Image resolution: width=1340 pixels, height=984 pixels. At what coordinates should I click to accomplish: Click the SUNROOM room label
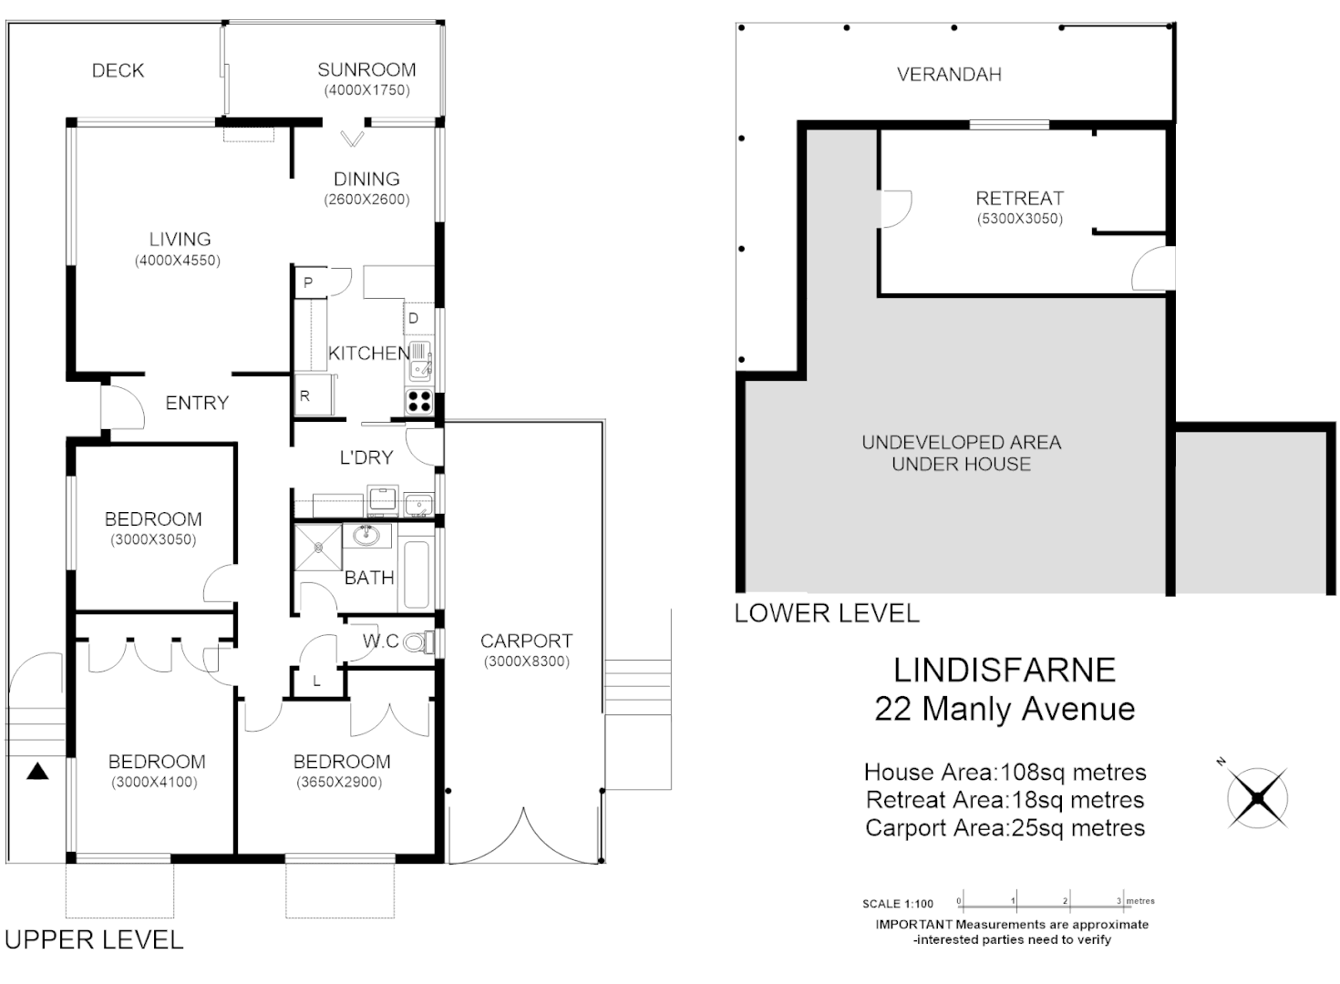(x=366, y=70)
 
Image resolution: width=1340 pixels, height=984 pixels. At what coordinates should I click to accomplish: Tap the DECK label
(x=118, y=71)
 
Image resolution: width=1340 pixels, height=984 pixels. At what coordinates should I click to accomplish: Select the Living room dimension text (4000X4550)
(x=179, y=261)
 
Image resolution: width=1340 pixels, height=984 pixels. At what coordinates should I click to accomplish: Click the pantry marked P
(x=308, y=282)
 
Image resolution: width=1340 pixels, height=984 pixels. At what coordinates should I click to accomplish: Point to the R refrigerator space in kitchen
(x=305, y=395)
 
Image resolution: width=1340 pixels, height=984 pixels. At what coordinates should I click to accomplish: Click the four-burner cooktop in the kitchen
(x=418, y=401)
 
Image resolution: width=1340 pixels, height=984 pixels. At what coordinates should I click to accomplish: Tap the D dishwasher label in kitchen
(x=414, y=318)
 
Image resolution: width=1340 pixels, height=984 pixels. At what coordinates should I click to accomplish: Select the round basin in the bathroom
(x=366, y=536)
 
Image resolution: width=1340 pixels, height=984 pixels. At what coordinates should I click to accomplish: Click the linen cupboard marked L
(x=316, y=681)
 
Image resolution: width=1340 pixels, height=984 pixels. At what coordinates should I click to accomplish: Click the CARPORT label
(x=526, y=641)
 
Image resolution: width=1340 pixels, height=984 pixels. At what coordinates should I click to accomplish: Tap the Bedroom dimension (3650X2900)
(x=342, y=782)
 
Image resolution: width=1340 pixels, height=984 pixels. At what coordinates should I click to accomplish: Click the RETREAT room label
(x=1019, y=199)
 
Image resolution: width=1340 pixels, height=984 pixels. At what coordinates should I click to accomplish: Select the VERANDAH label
(x=949, y=75)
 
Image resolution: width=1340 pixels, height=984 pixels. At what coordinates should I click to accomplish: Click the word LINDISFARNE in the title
(x=1004, y=671)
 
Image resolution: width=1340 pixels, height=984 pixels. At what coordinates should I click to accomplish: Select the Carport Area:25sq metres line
(x=1005, y=828)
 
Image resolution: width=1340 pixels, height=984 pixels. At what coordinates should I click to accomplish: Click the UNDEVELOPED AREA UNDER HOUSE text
(x=961, y=453)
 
